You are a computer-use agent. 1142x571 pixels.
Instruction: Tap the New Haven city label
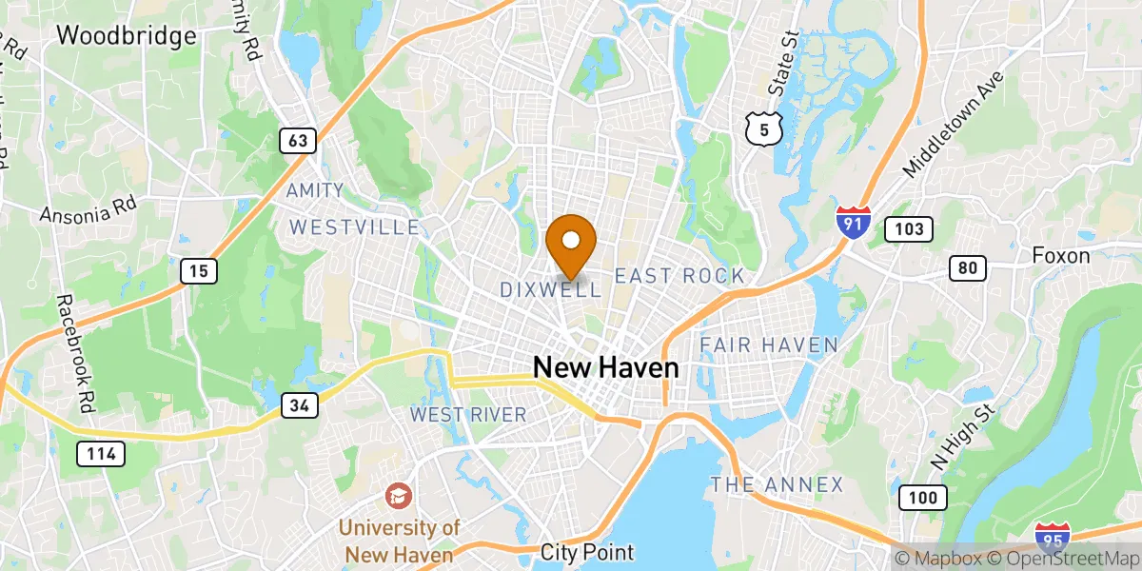[x=605, y=367]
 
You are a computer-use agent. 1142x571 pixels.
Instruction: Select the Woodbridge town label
[x=127, y=36]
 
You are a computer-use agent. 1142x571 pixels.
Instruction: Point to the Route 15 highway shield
[x=199, y=271]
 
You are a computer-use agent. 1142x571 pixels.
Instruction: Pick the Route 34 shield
[x=299, y=405]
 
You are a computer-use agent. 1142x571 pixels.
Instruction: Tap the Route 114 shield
[x=100, y=454]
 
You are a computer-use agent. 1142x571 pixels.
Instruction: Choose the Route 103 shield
[x=908, y=228]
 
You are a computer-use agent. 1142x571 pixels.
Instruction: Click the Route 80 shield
[x=967, y=268]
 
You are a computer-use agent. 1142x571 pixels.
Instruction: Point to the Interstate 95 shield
[x=1052, y=539]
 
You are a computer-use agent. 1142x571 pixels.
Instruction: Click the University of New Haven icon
[x=399, y=496]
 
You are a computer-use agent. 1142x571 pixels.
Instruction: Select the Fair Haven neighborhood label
[x=769, y=345]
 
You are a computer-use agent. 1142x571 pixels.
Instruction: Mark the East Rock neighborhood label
[x=679, y=276]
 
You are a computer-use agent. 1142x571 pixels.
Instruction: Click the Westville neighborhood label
[x=354, y=227]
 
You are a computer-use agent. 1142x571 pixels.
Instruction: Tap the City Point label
[x=586, y=552]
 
